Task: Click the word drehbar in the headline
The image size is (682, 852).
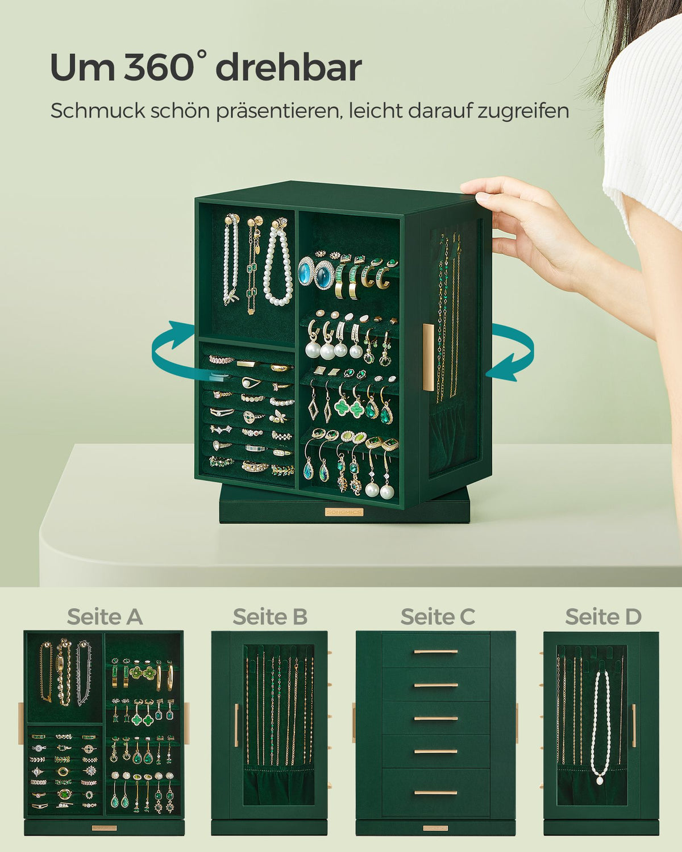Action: [289, 68]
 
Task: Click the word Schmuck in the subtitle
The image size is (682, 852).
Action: [98, 111]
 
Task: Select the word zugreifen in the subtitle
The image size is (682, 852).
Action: [523, 112]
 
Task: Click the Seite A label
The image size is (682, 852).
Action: [105, 616]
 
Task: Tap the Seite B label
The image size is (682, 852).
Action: [270, 616]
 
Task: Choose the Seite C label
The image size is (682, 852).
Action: [438, 616]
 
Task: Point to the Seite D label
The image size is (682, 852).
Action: [603, 616]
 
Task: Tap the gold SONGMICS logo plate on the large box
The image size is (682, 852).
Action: [344, 512]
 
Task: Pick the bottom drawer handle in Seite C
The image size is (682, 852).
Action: [435, 792]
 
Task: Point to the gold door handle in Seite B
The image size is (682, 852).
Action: [236, 725]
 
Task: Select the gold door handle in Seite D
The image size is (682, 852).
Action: [634, 725]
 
